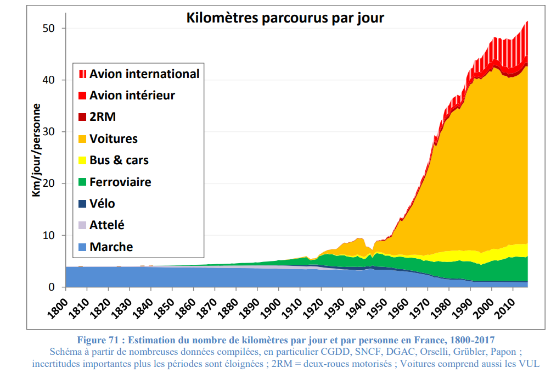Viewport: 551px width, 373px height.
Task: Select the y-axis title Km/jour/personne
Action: click(x=36, y=149)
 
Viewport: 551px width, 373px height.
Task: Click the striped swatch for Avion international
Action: click(x=82, y=74)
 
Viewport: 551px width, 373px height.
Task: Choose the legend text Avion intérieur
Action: click(x=132, y=95)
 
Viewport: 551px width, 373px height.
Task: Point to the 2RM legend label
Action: click(x=103, y=117)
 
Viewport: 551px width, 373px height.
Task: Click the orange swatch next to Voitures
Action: click(x=82, y=139)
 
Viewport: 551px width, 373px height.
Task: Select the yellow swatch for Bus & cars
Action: click(x=82, y=160)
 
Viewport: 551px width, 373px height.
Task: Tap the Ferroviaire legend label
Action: click(x=120, y=182)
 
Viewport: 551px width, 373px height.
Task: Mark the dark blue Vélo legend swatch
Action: click(x=82, y=204)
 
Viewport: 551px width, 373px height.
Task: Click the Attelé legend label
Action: click(x=107, y=225)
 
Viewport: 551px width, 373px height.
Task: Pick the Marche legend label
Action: click(x=111, y=247)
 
